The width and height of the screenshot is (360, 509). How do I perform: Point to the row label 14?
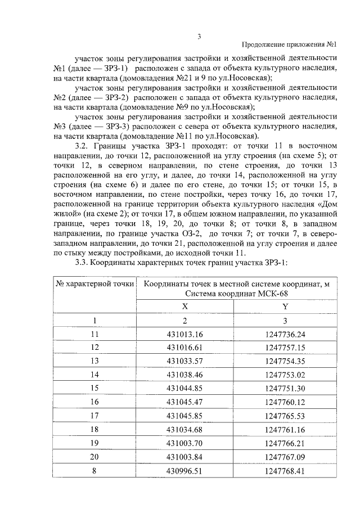tap(94, 374)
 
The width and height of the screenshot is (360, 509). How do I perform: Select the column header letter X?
tap(184, 307)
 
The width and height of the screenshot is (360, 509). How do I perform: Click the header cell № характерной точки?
tap(94, 284)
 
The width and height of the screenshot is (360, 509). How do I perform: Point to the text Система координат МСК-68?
tap(236, 294)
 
